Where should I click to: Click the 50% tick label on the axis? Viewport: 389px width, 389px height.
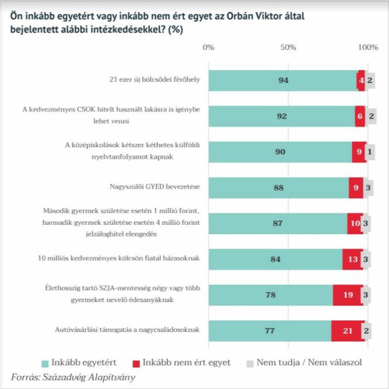click(288, 47)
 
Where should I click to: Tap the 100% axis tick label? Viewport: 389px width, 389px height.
click(368, 47)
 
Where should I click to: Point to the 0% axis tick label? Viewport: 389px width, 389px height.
click(208, 47)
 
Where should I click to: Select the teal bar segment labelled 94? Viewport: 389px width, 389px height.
click(283, 80)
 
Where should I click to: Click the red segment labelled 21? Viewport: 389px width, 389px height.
click(348, 330)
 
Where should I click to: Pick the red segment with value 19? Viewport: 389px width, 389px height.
click(348, 295)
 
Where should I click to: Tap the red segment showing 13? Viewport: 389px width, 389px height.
click(353, 259)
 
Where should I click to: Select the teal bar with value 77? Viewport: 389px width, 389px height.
click(270, 330)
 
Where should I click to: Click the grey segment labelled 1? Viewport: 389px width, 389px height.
click(370, 152)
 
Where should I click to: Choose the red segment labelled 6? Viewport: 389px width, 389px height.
click(360, 117)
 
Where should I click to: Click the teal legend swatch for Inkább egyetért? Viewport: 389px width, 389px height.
click(45, 364)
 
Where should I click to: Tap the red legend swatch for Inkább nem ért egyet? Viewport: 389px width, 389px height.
click(136, 364)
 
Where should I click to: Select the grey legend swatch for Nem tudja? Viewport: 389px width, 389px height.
click(250, 364)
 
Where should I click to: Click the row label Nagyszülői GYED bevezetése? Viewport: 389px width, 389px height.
click(155, 187)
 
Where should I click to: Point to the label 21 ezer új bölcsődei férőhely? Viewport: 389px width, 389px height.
click(155, 80)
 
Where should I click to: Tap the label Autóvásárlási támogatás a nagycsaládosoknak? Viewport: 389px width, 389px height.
click(127, 330)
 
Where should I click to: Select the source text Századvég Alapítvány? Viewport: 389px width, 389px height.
click(89, 377)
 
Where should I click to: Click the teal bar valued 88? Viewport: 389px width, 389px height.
click(278, 188)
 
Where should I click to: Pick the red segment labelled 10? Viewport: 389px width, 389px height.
click(355, 223)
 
